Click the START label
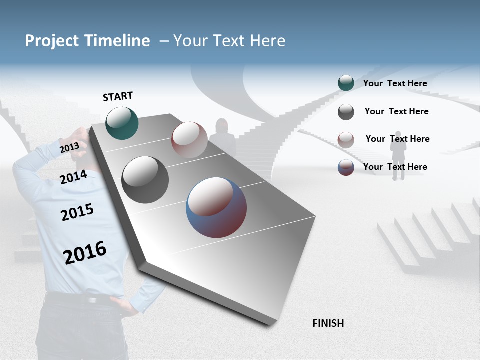118,96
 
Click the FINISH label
328,323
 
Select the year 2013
69,148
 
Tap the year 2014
74,177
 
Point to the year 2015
77,212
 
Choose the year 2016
85,252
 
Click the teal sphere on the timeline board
122,123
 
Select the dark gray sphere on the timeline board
145,180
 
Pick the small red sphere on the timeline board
189,139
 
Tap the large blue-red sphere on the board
216,207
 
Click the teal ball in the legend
346,83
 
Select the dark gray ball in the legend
346,112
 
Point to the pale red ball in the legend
346,139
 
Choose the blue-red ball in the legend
346,167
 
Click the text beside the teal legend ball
395,83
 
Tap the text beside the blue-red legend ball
395,167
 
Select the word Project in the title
51,41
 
